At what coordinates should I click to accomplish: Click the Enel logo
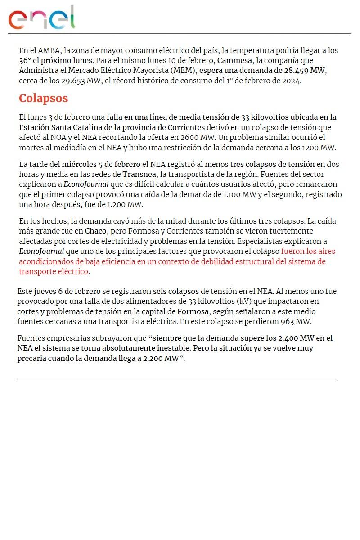pyautogui.click(x=41, y=18)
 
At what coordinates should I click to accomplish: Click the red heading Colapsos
pyautogui.click(x=43, y=99)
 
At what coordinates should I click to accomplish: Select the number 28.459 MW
pyautogui.click(x=305, y=71)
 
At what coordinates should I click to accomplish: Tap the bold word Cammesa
pyautogui.click(x=234, y=60)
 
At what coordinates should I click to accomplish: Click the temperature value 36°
pyautogui.click(x=25, y=60)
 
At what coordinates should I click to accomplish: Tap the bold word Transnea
pyautogui.click(x=139, y=174)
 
